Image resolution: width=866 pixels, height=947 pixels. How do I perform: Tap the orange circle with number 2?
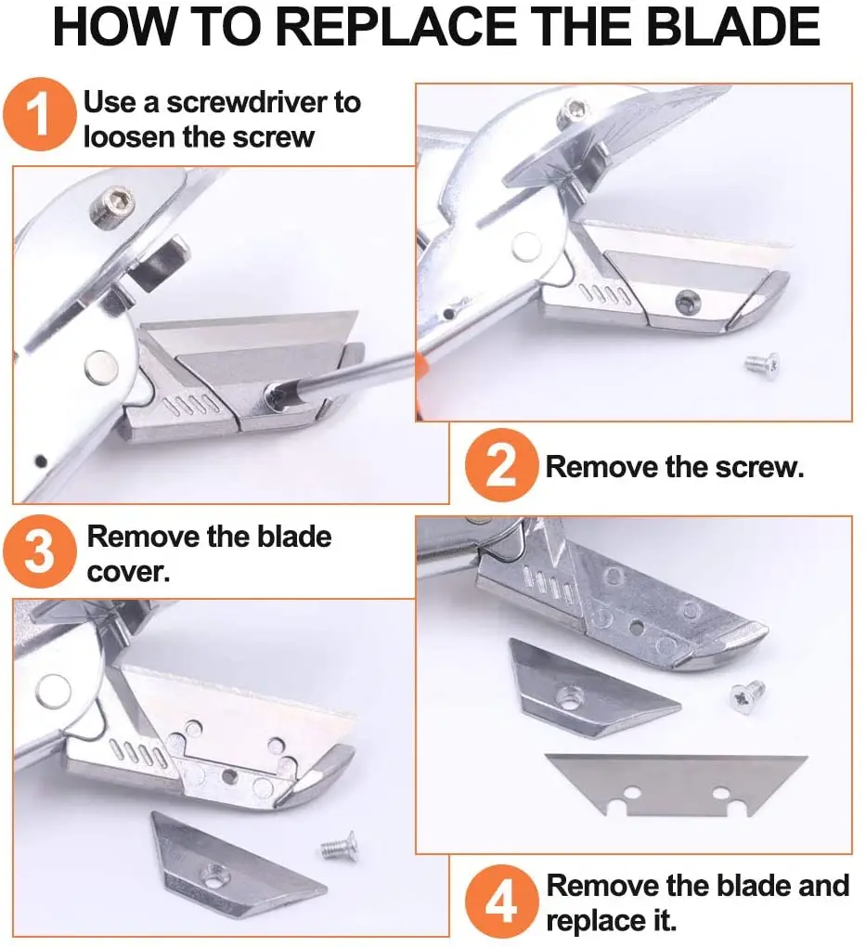[x=501, y=465]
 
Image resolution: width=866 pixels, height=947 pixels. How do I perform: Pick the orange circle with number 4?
[x=501, y=902]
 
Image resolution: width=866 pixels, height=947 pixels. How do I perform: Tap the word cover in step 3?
[x=128, y=571]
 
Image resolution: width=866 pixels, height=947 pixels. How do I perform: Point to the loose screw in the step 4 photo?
[x=747, y=693]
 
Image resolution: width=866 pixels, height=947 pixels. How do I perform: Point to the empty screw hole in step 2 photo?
[x=687, y=300]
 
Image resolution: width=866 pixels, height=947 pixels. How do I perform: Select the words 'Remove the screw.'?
[x=674, y=466]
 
